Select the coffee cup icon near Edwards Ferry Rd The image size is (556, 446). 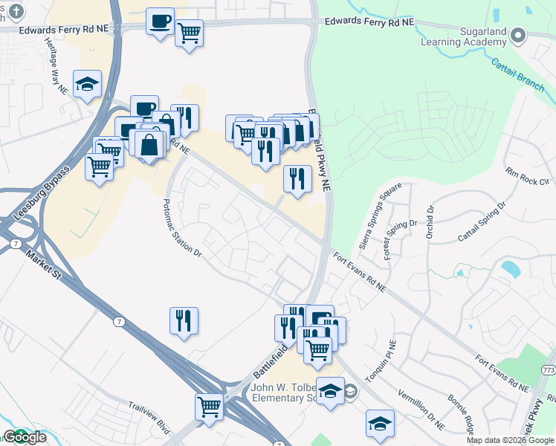[159, 20]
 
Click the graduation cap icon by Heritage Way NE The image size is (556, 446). [87, 83]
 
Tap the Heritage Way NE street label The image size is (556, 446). [58, 72]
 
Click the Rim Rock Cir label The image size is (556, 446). [526, 176]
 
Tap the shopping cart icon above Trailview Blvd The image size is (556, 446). [209, 406]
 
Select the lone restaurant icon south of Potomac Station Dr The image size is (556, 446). [183, 320]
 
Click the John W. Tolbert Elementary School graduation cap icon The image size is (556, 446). [330, 390]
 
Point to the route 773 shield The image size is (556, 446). [549, 370]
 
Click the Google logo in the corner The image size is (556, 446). [25, 437]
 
